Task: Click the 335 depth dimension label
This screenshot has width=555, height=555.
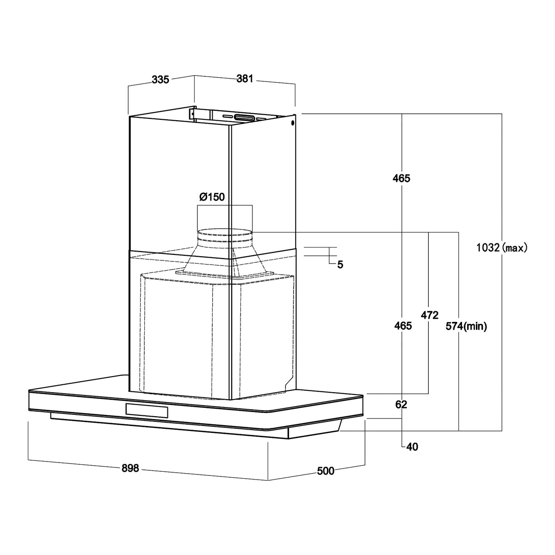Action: (160, 80)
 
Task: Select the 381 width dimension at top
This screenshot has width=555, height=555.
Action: (245, 78)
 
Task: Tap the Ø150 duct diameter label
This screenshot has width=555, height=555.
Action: (212, 197)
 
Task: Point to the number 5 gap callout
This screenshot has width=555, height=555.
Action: (340, 265)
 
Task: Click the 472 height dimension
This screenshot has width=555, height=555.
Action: (429, 315)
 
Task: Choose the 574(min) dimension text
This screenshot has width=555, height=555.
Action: (466, 327)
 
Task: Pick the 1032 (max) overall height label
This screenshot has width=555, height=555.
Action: (502, 248)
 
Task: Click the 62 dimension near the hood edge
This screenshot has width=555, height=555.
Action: (401, 405)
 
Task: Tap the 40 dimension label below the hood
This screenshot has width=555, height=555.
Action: (412, 447)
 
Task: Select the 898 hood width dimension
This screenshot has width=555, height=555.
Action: (130, 468)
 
